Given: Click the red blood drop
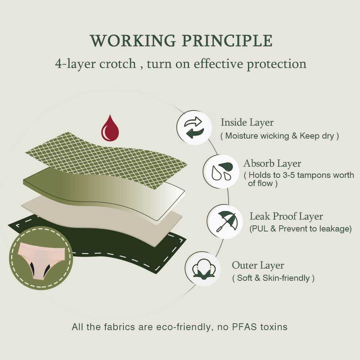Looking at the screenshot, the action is point(110,128).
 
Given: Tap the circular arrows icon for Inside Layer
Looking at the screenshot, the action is point(194,128).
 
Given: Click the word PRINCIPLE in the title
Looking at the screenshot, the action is point(227,41).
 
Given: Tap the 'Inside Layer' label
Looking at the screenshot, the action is point(247,122).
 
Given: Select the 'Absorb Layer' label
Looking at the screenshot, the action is point(272,163).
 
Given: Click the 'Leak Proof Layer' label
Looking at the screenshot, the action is point(286,216).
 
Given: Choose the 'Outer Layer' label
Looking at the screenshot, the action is point(258,265).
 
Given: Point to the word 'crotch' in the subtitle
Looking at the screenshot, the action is point(118,64).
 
